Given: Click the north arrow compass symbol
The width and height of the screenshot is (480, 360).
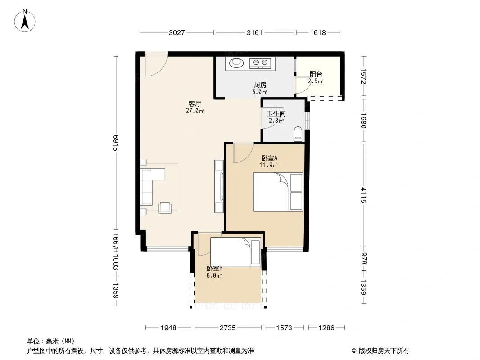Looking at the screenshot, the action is pyautogui.click(x=25, y=21).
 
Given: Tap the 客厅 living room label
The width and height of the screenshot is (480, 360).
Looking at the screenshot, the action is pyautogui.click(x=195, y=103).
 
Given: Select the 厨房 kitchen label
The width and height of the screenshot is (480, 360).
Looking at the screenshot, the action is pyautogui.click(x=260, y=85).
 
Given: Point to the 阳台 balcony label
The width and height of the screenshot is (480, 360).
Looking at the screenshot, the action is pyautogui.click(x=316, y=74).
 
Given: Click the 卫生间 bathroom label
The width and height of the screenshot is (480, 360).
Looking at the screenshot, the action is pyautogui.click(x=276, y=113).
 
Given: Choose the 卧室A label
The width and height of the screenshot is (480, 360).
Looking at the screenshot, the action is pyautogui.click(x=269, y=158).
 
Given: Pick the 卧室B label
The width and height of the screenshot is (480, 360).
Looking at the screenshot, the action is pyautogui.click(x=214, y=268).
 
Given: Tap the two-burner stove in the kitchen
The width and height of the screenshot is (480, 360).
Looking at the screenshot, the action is pyautogui.click(x=260, y=63).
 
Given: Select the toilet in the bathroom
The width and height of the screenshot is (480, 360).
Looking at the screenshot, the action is pyautogui.click(x=298, y=134).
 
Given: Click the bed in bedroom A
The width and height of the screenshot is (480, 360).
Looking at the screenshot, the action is pyautogui.click(x=278, y=192).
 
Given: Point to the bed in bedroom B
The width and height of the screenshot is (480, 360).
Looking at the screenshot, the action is pyautogui.click(x=235, y=252).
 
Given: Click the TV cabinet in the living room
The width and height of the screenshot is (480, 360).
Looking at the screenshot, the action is pyautogui.click(x=219, y=186).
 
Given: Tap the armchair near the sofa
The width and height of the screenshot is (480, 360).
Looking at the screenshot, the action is pyautogui.click(x=165, y=208).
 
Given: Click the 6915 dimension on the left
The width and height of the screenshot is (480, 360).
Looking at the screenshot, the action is pyautogui.click(x=115, y=143).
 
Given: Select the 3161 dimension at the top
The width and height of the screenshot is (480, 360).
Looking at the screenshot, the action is pyautogui.click(x=254, y=32).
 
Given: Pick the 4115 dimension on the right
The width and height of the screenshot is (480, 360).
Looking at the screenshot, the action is pyautogui.click(x=363, y=195).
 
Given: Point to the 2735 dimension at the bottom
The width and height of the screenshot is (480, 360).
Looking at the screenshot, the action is pyautogui.click(x=228, y=328).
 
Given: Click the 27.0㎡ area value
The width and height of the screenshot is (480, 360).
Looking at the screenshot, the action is pyautogui.click(x=195, y=111).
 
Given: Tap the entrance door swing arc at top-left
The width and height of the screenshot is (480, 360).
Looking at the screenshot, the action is pyautogui.click(x=160, y=68).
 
